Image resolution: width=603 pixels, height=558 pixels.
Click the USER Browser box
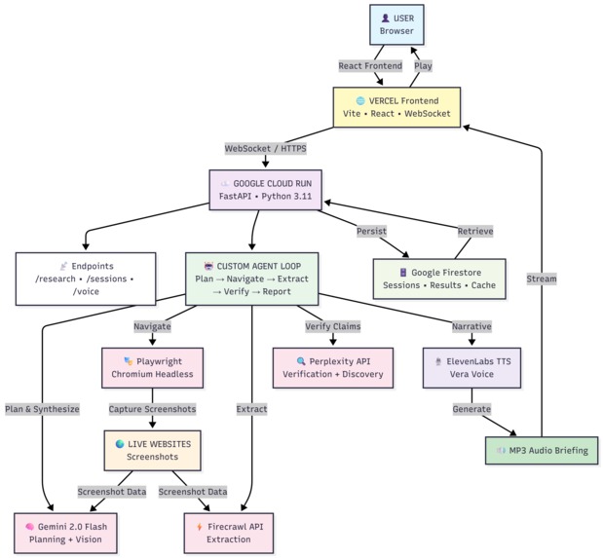(x=397, y=24)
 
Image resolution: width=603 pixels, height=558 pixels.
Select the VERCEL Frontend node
(x=396, y=108)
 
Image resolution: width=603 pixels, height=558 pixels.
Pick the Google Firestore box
(x=438, y=278)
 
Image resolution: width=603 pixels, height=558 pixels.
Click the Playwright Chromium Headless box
(x=152, y=368)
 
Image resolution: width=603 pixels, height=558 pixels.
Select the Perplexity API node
(x=332, y=368)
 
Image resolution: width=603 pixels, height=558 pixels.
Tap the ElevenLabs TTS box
(x=472, y=368)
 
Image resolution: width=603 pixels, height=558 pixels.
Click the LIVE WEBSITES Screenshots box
(x=152, y=450)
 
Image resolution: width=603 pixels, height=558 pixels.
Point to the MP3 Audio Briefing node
(x=541, y=450)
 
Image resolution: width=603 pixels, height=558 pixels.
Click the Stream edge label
(x=541, y=279)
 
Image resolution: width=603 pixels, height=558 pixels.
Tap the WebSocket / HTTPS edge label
(x=265, y=149)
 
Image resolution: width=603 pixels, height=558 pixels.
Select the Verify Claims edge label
(x=332, y=326)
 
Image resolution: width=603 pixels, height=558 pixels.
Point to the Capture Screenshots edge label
(x=152, y=409)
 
